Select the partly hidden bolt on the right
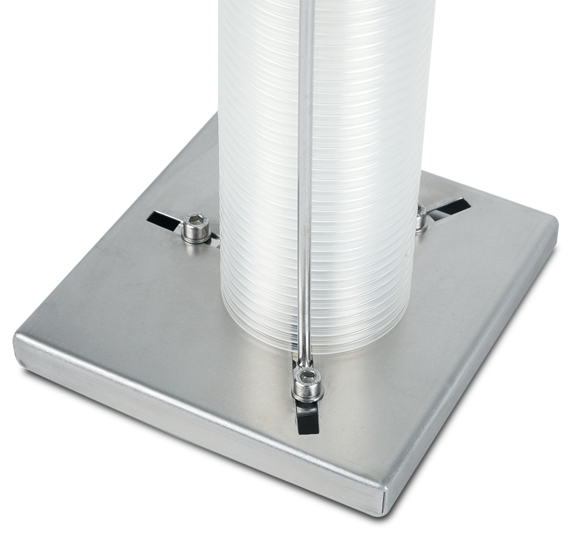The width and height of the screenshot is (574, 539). tap(421, 217)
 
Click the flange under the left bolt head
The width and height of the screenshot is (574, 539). tap(196, 236)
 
